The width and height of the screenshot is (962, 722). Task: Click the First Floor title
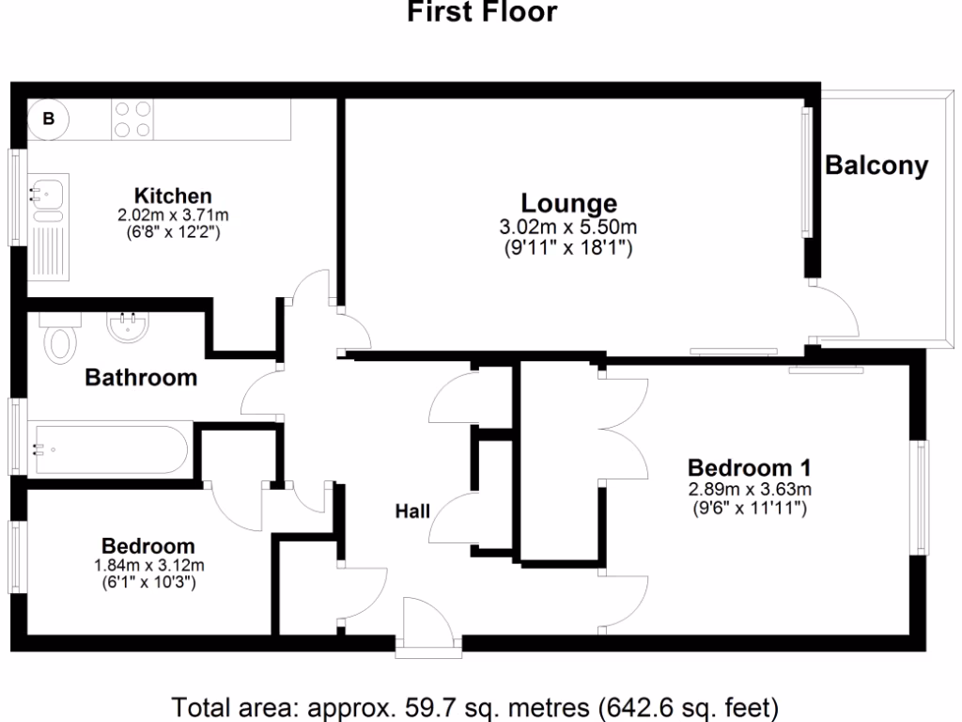481,12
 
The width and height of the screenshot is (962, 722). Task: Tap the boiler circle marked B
50,119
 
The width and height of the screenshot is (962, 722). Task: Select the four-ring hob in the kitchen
132,119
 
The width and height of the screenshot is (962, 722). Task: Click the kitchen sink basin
47,194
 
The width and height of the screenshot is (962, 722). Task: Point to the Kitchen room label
173,196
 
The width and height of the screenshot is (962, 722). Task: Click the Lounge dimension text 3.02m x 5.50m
568,228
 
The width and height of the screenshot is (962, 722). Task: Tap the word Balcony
877,166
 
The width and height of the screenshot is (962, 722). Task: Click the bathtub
111,448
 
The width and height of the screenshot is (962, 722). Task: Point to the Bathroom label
141,378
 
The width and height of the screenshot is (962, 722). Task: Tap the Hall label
411,511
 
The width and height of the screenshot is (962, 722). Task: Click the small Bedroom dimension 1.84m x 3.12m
148,566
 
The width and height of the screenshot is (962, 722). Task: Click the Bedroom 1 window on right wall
923,497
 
